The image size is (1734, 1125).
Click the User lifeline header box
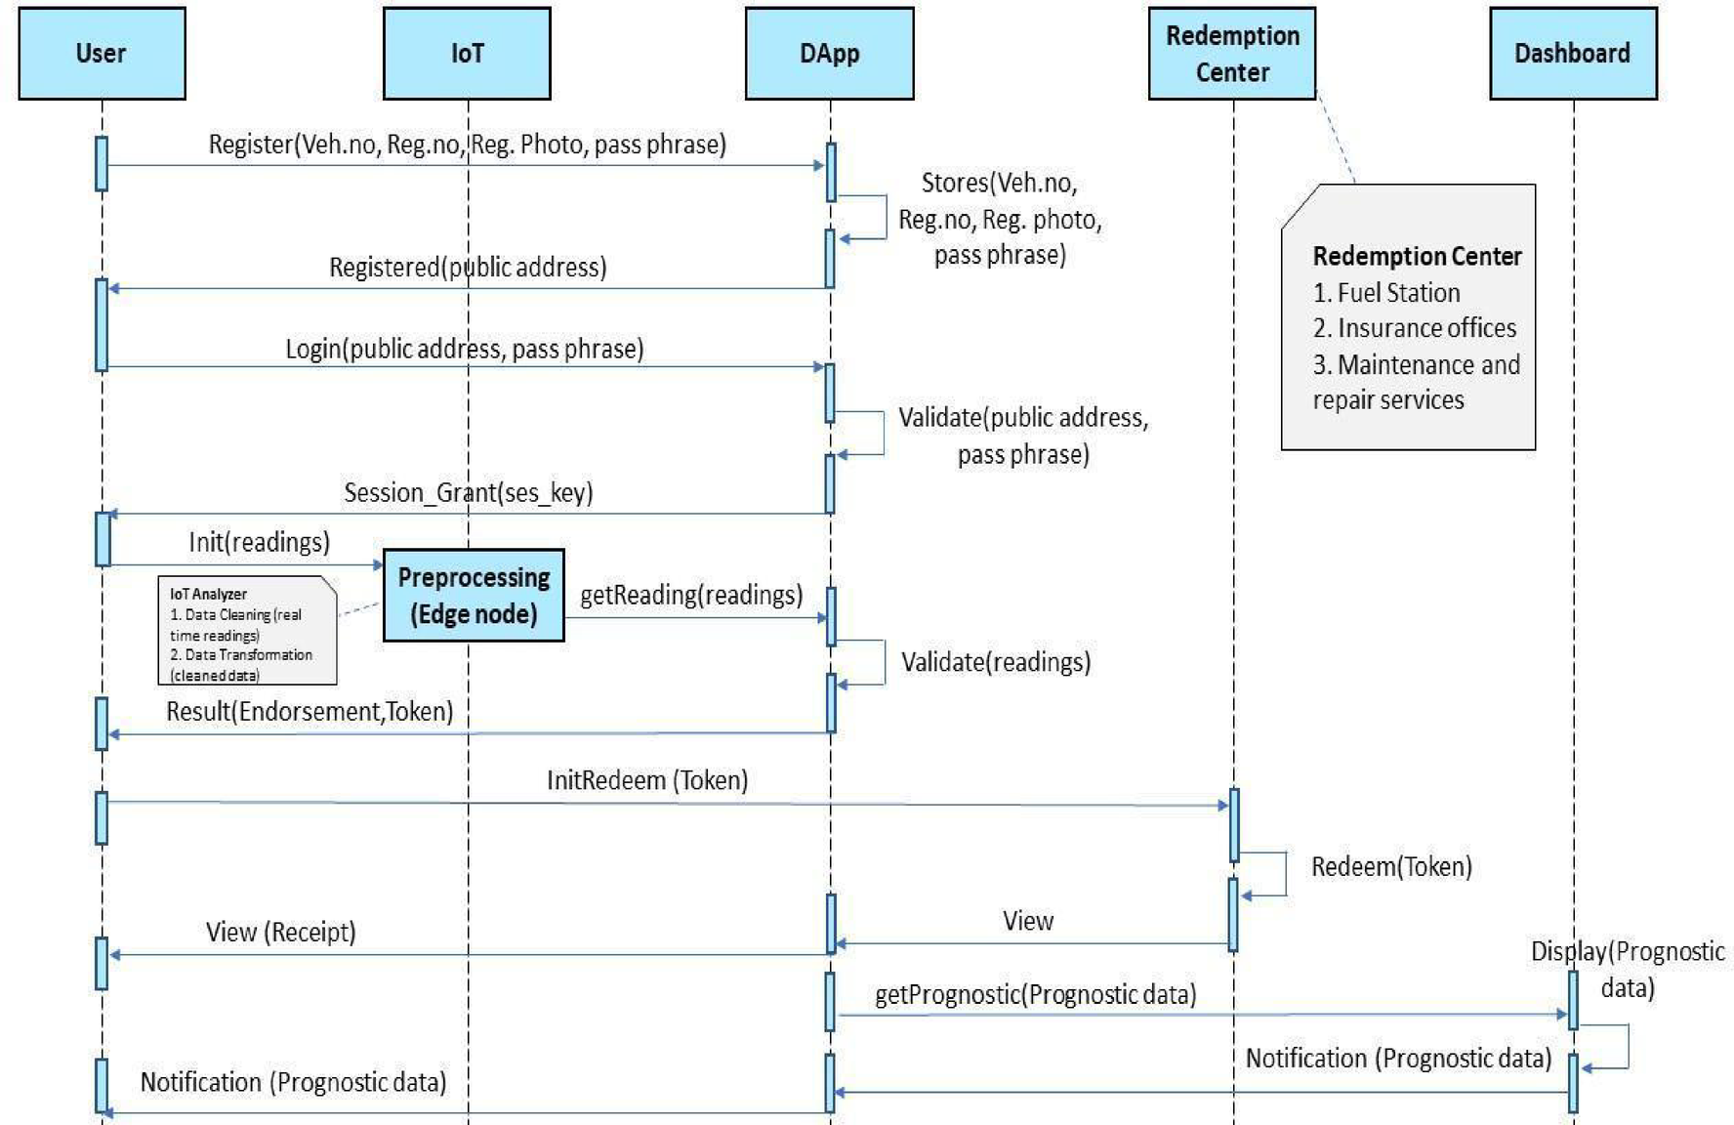pyautogui.click(x=102, y=54)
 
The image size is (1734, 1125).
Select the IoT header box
pyautogui.click(x=467, y=54)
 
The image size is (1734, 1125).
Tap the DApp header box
pyautogui.click(x=829, y=54)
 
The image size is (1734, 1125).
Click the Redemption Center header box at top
pyautogui.click(x=1231, y=54)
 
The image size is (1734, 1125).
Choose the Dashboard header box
pyautogui.click(x=1572, y=54)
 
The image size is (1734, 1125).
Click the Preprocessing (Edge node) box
pyautogui.click(x=474, y=596)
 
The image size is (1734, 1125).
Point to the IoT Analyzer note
pyautogui.click(x=247, y=631)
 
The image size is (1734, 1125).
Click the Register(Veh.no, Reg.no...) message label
pyautogui.click(x=467, y=145)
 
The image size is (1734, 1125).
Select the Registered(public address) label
pyautogui.click(x=467, y=267)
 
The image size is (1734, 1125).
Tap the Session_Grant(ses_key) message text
pyautogui.click(x=468, y=492)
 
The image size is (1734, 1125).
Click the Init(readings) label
pyautogui.click(x=259, y=542)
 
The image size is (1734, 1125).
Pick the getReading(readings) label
pyautogui.click(x=691, y=595)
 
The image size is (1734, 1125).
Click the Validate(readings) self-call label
pyautogui.click(x=995, y=662)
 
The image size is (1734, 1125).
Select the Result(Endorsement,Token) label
pyautogui.click(x=310, y=711)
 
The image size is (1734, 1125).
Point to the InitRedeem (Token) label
pyautogui.click(x=646, y=780)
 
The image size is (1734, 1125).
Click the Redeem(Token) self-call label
pyautogui.click(x=1390, y=866)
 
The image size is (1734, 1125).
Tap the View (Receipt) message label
pyautogui.click(x=280, y=932)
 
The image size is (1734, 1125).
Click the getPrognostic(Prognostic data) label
pyautogui.click(x=1035, y=994)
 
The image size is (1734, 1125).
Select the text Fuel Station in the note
pyautogui.click(x=1398, y=293)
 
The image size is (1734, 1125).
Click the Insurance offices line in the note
pyautogui.click(x=1425, y=328)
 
